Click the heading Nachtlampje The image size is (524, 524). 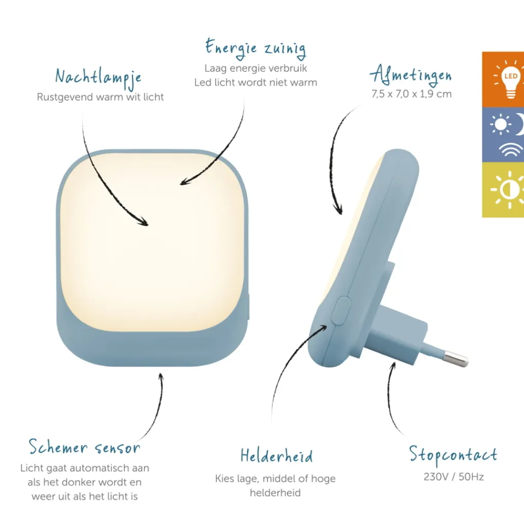[x=98, y=78]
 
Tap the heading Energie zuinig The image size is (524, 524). [x=256, y=48]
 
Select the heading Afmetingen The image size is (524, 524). [x=410, y=74]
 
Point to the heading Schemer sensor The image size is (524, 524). [x=84, y=447]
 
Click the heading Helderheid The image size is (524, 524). [x=277, y=456]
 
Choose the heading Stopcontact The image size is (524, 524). [x=453, y=455]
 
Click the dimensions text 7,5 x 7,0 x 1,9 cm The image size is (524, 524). [x=411, y=94]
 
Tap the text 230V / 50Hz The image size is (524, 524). [x=454, y=477]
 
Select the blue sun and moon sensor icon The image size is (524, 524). [x=507, y=135]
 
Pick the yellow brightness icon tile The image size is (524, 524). [x=503, y=190]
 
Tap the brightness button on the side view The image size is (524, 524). [x=341, y=311]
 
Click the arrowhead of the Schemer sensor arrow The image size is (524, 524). [x=161, y=377]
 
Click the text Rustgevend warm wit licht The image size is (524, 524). [x=100, y=97]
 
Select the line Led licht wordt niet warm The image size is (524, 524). [x=256, y=83]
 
